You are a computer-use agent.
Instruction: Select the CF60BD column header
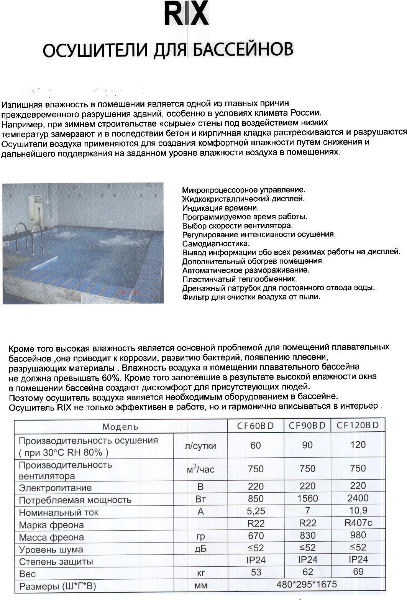click(x=255, y=426)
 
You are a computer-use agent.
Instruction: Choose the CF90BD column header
click(x=307, y=426)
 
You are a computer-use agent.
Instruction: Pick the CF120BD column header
click(x=358, y=425)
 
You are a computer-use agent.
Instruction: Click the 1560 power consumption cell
click(x=307, y=498)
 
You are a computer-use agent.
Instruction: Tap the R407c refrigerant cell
click(x=358, y=523)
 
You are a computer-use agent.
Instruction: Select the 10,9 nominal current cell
click(x=358, y=510)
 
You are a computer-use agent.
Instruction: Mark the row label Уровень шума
click(x=51, y=549)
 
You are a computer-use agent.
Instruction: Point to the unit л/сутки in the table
click(x=200, y=446)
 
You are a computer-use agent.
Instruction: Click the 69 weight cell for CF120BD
click(x=358, y=572)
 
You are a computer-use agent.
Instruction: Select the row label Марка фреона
click(x=51, y=525)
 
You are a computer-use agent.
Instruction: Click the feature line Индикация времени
click(x=220, y=208)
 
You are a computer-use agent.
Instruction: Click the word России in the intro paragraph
click(x=304, y=113)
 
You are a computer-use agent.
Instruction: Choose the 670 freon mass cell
click(x=256, y=535)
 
